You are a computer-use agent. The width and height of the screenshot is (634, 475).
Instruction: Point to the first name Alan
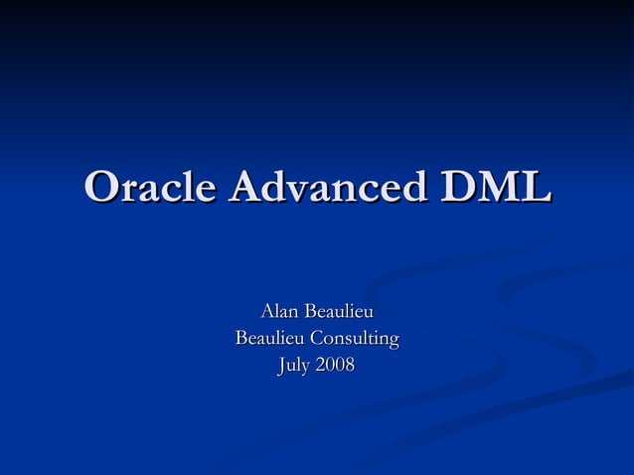pos(279,313)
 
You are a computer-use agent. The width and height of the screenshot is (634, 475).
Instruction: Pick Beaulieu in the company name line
pos(269,340)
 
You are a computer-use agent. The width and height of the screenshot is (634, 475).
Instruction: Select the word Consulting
pos(354,341)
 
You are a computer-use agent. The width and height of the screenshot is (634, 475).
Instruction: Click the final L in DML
pos(534,188)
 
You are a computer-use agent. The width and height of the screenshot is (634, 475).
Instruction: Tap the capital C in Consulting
pos(317,340)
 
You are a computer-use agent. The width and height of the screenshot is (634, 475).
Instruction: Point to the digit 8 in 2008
pos(348,367)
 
